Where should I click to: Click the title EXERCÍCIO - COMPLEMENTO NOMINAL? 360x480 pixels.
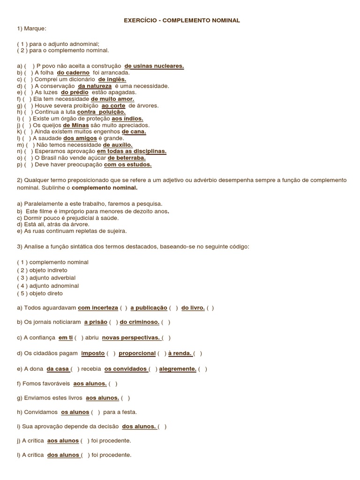pyautogui.click(x=182, y=21)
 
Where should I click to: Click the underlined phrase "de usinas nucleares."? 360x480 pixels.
pyautogui.click(x=154, y=67)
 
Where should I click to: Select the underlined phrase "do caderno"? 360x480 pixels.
pyautogui.click(x=73, y=73)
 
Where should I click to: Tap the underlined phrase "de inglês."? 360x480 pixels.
pyautogui.click(x=112, y=80)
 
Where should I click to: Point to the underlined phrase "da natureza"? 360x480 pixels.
pyautogui.click(x=95, y=86)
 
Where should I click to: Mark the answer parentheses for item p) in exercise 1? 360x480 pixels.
pyautogui.click(x=28, y=165)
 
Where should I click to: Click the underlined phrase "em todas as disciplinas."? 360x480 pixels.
pyautogui.click(x=131, y=152)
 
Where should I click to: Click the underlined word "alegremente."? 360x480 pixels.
pyautogui.click(x=178, y=369)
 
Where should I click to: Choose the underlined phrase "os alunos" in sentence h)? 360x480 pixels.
pyautogui.click(x=75, y=412)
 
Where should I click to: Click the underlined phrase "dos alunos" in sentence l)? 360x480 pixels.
pyautogui.click(x=63, y=455)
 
